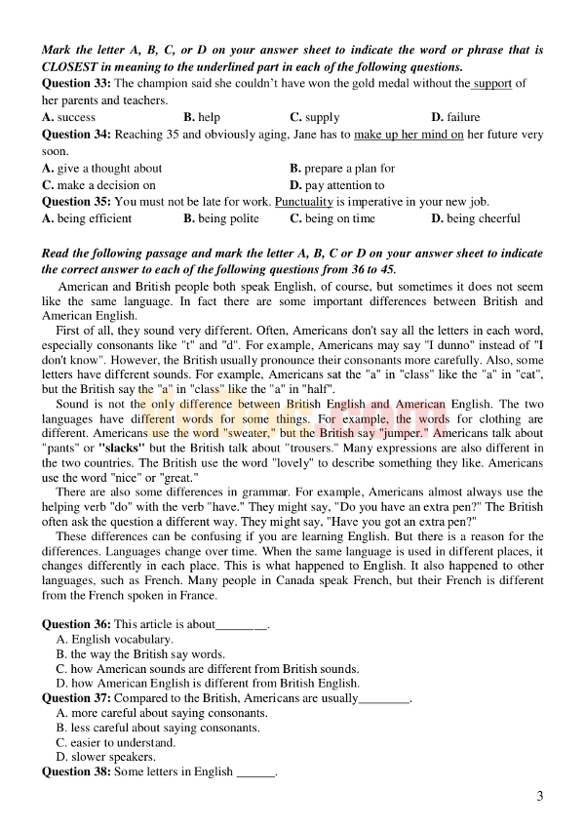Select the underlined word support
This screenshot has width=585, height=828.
[492, 84]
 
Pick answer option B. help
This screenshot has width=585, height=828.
[202, 117]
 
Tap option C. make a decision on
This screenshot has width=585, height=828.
[99, 184]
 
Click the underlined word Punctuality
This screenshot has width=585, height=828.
[304, 202]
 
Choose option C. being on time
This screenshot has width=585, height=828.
[332, 218]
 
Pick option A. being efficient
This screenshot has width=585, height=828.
[88, 218]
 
